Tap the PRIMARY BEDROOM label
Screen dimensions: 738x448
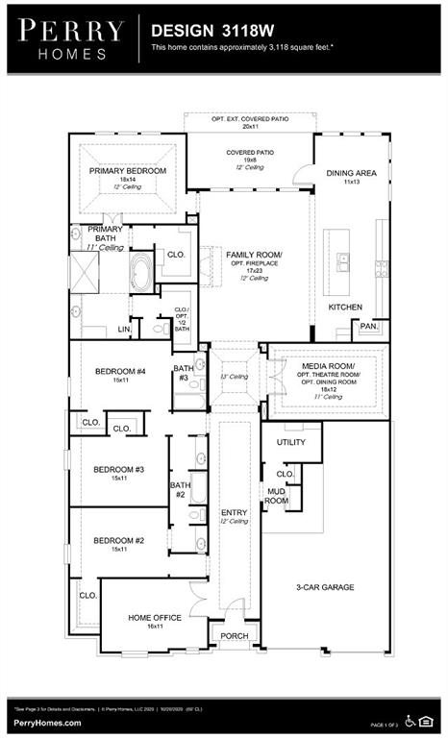(x=128, y=171)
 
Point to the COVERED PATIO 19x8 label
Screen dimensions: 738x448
(x=250, y=153)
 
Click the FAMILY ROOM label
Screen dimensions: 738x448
(x=255, y=255)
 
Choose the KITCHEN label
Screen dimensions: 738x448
(x=345, y=307)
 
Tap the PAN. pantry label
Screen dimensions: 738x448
(x=369, y=327)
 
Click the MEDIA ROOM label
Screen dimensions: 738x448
(x=328, y=367)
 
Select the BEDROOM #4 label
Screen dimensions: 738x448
(x=119, y=372)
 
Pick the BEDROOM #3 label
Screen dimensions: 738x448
(x=118, y=469)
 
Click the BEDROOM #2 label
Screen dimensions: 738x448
(x=118, y=540)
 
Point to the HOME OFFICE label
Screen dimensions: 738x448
(x=154, y=617)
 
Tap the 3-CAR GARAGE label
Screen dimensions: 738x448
(x=324, y=586)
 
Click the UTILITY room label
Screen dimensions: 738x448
(x=290, y=442)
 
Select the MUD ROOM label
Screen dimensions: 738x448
(x=277, y=495)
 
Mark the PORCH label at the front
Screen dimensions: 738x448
(x=234, y=636)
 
